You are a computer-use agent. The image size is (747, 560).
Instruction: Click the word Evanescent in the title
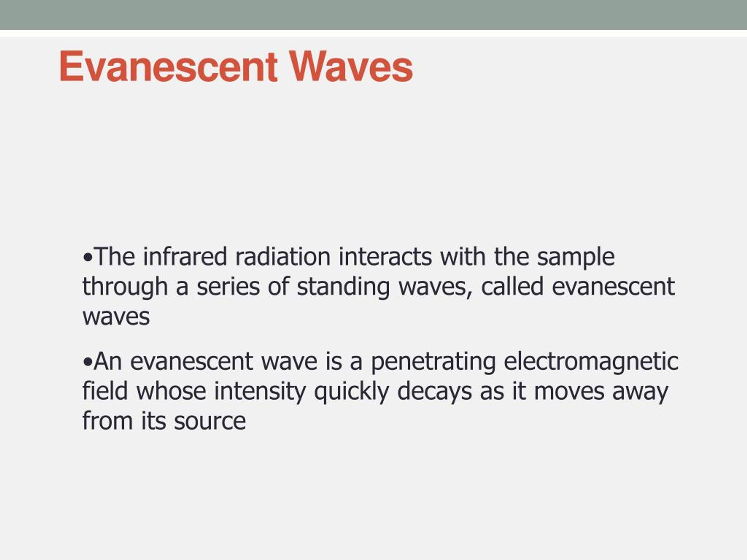[x=168, y=66]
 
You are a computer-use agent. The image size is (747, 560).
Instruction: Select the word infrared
[x=185, y=257]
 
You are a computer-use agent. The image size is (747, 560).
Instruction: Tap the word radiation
[x=283, y=257]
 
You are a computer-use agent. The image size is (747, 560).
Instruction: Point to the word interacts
[x=385, y=257]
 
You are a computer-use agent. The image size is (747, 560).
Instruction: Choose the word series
[x=228, y=287]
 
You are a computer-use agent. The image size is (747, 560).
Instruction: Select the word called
[x=512, y=287]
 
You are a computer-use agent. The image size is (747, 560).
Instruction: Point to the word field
[x=105, y=391]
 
